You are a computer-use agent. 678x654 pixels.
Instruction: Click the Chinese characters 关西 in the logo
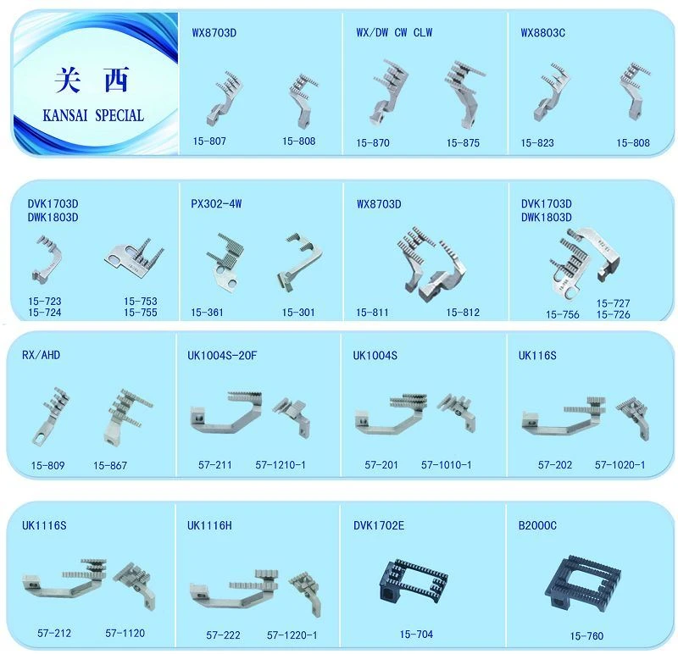point(92,80)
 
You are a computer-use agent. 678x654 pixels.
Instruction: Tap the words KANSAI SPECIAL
point(93,115)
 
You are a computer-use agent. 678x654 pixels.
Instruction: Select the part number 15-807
point(209,141)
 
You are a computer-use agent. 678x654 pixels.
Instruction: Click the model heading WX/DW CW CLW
point(394,32)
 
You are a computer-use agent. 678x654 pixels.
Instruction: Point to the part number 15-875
point(463,142)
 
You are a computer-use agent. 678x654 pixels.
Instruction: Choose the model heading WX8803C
point(542,33)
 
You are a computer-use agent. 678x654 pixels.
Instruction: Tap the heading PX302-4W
point(216,203)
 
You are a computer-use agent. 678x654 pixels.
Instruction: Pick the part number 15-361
point(207,312)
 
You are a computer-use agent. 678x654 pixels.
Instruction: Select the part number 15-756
point(563,314)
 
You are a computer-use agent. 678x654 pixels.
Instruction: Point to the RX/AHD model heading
point(41,355)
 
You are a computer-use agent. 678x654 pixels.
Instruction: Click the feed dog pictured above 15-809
point(51,416)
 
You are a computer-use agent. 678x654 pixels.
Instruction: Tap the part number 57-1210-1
point(281,465)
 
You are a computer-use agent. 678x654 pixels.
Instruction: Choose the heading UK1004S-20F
point(222,355)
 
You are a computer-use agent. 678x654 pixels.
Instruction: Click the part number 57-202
point(555,465)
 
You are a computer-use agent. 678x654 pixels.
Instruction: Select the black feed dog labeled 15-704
point(414,580)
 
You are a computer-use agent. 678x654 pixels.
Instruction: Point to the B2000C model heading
point(537,525)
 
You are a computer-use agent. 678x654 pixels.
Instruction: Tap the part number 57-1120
point(125,633)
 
